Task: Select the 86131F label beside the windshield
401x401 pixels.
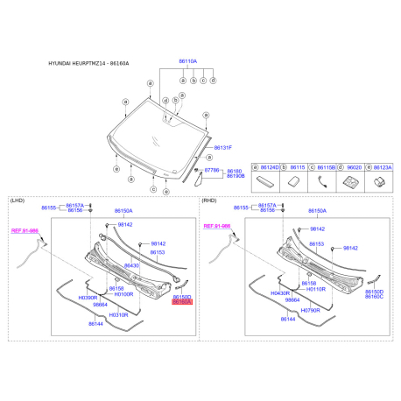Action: click(x=223, y=148)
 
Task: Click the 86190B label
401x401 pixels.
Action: click(x=236, y=176)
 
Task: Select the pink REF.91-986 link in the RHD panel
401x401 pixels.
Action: click(x=216, y=226)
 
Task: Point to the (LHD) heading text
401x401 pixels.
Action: click(x=17, y=200)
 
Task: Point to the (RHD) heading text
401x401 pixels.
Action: click(x=209, y=200)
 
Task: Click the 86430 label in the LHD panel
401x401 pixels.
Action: click(x=131, y=265)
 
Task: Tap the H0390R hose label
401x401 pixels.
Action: click(x=89, y=297)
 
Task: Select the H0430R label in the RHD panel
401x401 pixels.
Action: click(x=281, y=292)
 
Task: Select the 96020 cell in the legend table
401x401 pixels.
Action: click(x=355, y=166)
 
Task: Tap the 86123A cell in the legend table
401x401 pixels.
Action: click(x=383, y=166)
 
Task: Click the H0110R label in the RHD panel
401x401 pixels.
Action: click(x=314, y=288)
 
